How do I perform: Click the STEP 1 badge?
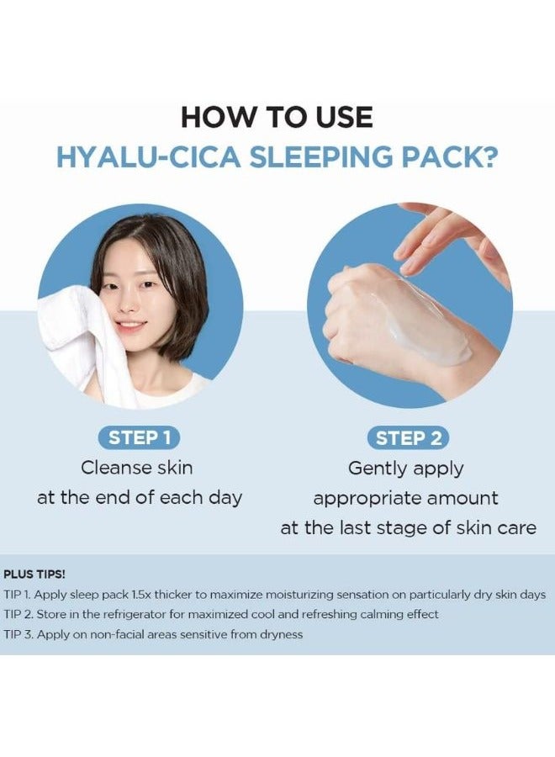point(140,437)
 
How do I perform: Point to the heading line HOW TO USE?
point(277,116)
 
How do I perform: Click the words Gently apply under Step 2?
point(406,468)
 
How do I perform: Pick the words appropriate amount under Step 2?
point(406,498)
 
